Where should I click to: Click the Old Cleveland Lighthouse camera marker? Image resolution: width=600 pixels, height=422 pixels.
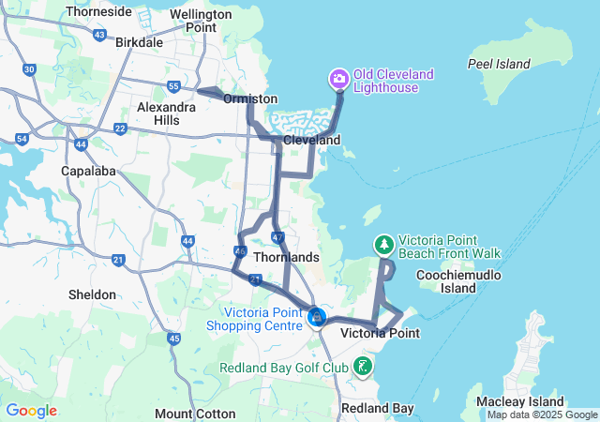[x=337, y=78]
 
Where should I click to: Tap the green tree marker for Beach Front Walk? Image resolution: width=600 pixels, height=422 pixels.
[x=383, y=246]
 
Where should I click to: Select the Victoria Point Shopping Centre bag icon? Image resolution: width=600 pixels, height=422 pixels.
[x=318, y=319]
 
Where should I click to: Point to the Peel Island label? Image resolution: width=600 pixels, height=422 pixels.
[x=499, y=64]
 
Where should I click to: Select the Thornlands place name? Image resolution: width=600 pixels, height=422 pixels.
[x=288, y=257]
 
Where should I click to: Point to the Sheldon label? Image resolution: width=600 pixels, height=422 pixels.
[x=92, y=294]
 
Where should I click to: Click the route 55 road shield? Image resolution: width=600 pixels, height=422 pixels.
[x=173, y=86]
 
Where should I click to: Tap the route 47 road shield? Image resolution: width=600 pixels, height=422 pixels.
[x=277, y=238]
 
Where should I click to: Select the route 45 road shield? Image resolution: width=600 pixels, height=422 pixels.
[x=173, y=338]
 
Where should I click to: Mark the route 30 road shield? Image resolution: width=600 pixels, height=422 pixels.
[x=29, y=69]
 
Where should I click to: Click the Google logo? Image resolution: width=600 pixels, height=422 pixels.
[x=31, y=410]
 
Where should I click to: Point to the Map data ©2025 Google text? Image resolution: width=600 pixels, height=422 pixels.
[x=542, y=414]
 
